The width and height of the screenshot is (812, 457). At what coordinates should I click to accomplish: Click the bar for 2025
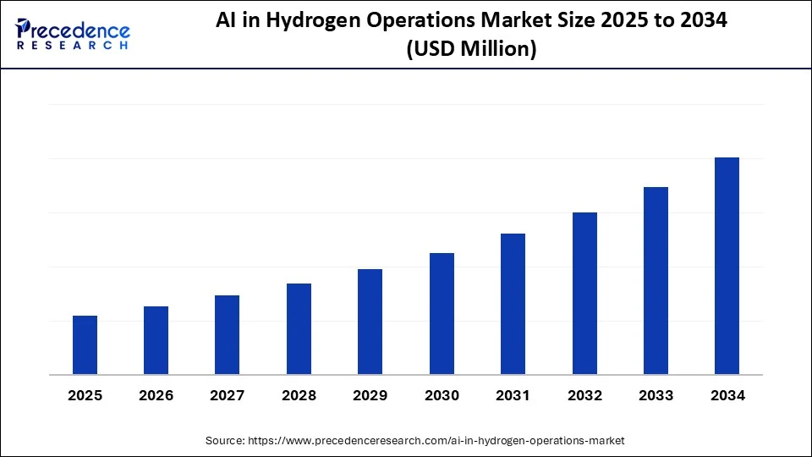point(85,345)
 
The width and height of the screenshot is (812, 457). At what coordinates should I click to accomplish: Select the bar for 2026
point(156,340)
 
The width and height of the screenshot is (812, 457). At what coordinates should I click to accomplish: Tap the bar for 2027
point(227,335)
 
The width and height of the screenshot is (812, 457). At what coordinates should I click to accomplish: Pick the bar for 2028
point(299,329)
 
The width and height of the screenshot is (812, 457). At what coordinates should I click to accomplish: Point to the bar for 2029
point(370,322)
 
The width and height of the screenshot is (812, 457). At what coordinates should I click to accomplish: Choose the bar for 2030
point(442,314)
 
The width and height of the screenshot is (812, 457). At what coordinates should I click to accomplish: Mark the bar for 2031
point(513,304)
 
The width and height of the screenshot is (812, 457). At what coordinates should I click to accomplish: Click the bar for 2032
point(584,294)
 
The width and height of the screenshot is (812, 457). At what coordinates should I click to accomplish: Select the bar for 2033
point(656,281)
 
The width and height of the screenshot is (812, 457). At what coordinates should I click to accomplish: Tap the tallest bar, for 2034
point(727,266)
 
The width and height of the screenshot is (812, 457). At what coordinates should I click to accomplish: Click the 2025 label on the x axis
point(85,395)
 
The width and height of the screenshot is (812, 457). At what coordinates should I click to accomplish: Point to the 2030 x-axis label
point(442,395)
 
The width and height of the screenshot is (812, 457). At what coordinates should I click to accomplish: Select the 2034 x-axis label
point(727,395)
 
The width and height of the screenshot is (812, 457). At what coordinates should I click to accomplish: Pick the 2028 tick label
point(299,395)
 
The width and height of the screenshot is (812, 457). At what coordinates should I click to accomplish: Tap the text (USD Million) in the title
point(471,51)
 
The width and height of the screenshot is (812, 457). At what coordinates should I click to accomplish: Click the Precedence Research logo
point(72,34)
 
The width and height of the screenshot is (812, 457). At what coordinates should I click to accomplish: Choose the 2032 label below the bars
point(584,395)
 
